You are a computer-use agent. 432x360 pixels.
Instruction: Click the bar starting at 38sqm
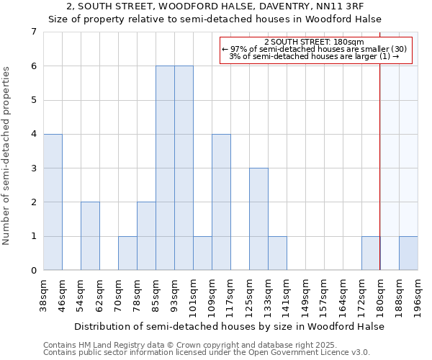53,202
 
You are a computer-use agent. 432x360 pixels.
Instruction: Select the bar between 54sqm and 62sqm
90,236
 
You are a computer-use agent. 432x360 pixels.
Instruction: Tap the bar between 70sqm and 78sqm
127,253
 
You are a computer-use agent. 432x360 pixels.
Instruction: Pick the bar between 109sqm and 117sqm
221,202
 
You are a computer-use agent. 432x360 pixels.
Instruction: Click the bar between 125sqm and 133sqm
258,220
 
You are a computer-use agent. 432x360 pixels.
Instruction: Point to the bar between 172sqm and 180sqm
371,253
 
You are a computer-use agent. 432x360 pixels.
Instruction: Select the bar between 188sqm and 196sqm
408,253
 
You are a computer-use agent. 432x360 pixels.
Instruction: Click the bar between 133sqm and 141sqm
277,253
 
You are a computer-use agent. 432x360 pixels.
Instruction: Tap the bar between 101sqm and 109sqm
202,253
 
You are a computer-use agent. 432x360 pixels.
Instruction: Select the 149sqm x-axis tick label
306,293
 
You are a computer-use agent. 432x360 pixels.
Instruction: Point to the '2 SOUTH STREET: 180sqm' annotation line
314,42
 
